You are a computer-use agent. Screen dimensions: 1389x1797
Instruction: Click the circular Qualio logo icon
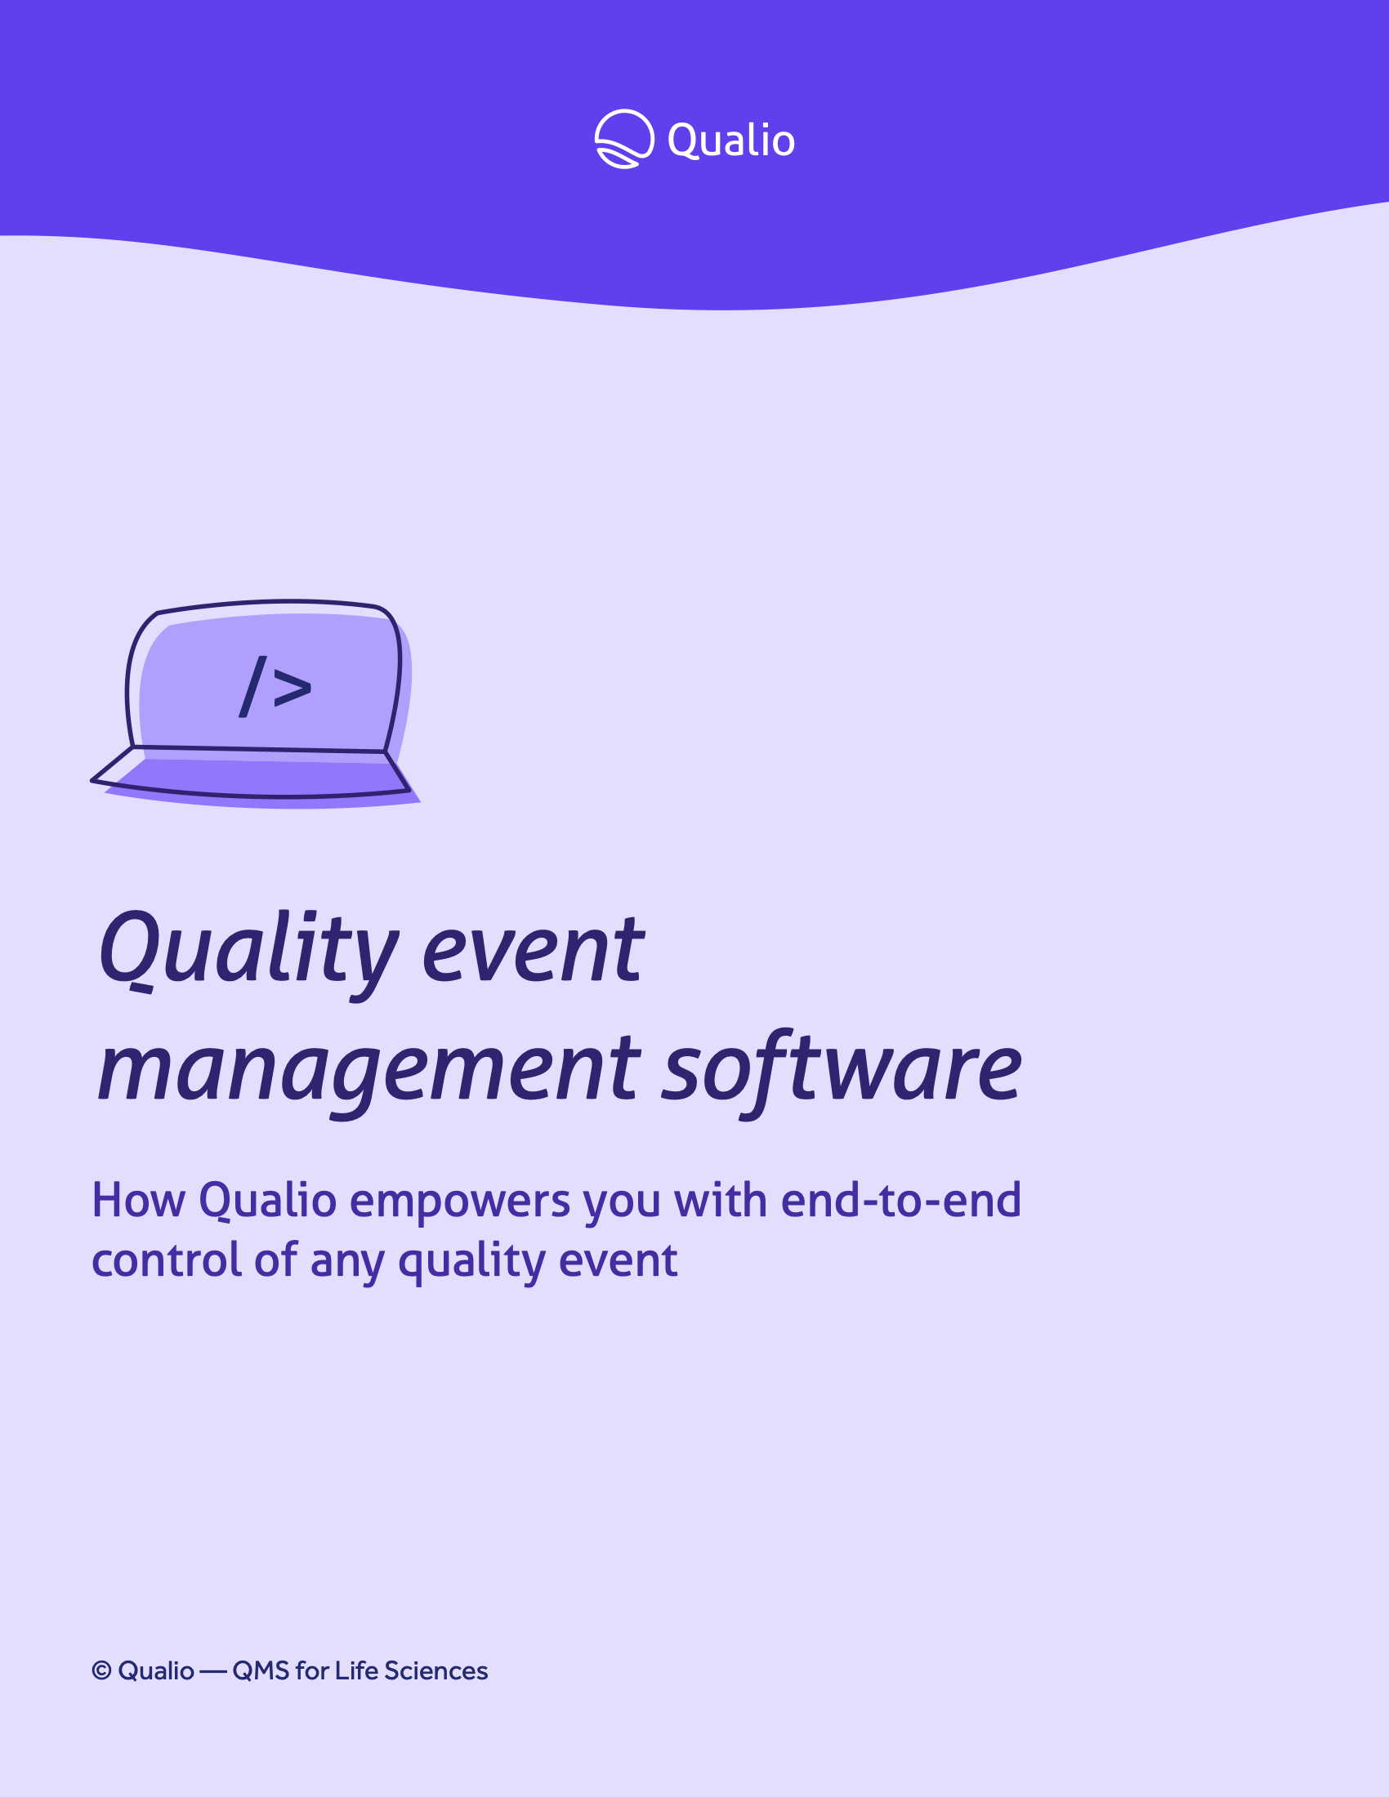[x=624, y=139]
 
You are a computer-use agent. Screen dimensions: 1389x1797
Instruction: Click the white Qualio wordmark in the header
[x=730, y=140]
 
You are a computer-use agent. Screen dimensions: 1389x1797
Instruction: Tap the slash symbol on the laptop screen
[x=252, y=686]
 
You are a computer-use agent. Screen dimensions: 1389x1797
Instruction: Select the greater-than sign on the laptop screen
[x=293, y=688]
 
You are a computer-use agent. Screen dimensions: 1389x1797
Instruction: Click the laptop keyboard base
[x=251, y=774]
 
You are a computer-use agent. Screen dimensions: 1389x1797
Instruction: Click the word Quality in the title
[x=249, y=954]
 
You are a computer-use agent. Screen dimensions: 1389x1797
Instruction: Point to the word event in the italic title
[x=534, y=951]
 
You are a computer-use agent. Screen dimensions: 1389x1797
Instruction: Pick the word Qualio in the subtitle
[x=268, y=1201]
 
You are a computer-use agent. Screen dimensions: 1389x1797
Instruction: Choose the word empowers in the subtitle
[x=460, y=1203]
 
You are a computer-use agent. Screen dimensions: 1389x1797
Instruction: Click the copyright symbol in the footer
[x=101, y=1670]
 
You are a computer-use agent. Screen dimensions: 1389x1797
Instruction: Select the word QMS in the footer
[x=261, y=1670]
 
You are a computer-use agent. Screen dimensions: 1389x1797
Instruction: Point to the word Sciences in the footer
[x=436, y=1670]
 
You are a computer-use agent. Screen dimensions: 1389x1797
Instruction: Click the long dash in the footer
[x=213, y=1672]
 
